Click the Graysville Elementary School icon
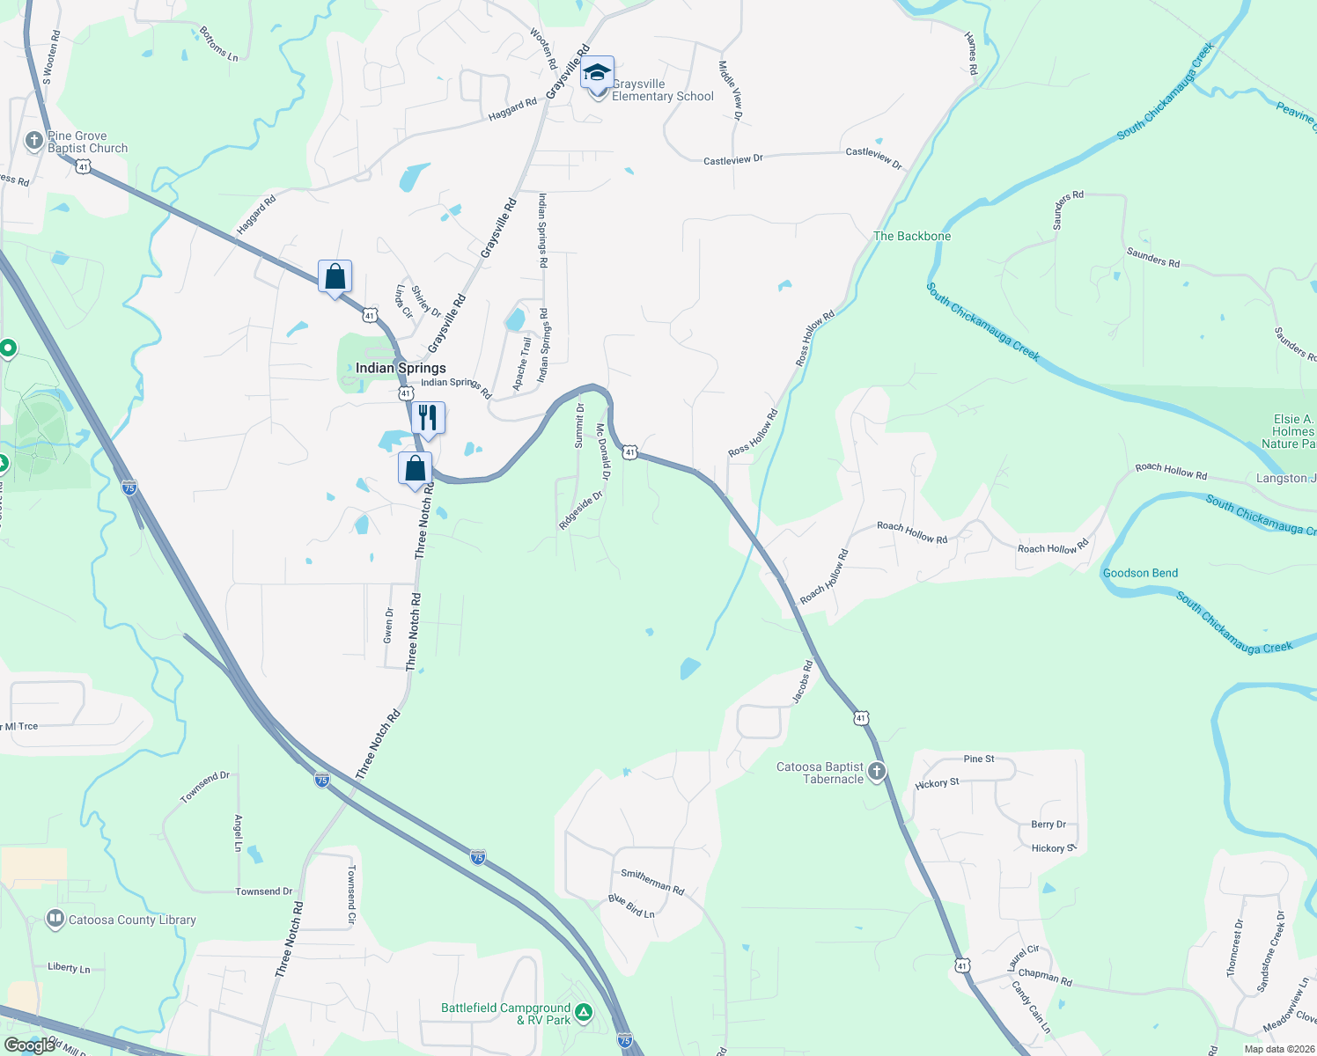coord(598,74)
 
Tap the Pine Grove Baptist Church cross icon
coord(34,141)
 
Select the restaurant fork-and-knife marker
coord(428,417)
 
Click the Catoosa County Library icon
coord(55,920)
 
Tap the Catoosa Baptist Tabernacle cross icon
coord(876,772)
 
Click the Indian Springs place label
coord(401,368)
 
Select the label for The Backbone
coord(912,236)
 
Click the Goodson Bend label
coord(1140,573)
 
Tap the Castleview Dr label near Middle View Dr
coord(732,160)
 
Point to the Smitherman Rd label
coord(652,880)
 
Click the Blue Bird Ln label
coord(631,906)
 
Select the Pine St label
coord(979,759)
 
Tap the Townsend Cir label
coord(351,894)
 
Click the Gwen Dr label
coord(388,625)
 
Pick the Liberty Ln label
coord(69,967)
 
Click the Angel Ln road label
coord(238,832)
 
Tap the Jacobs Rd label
coord(803,682)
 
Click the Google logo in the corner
coord(29,1045)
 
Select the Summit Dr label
coord(579,426)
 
